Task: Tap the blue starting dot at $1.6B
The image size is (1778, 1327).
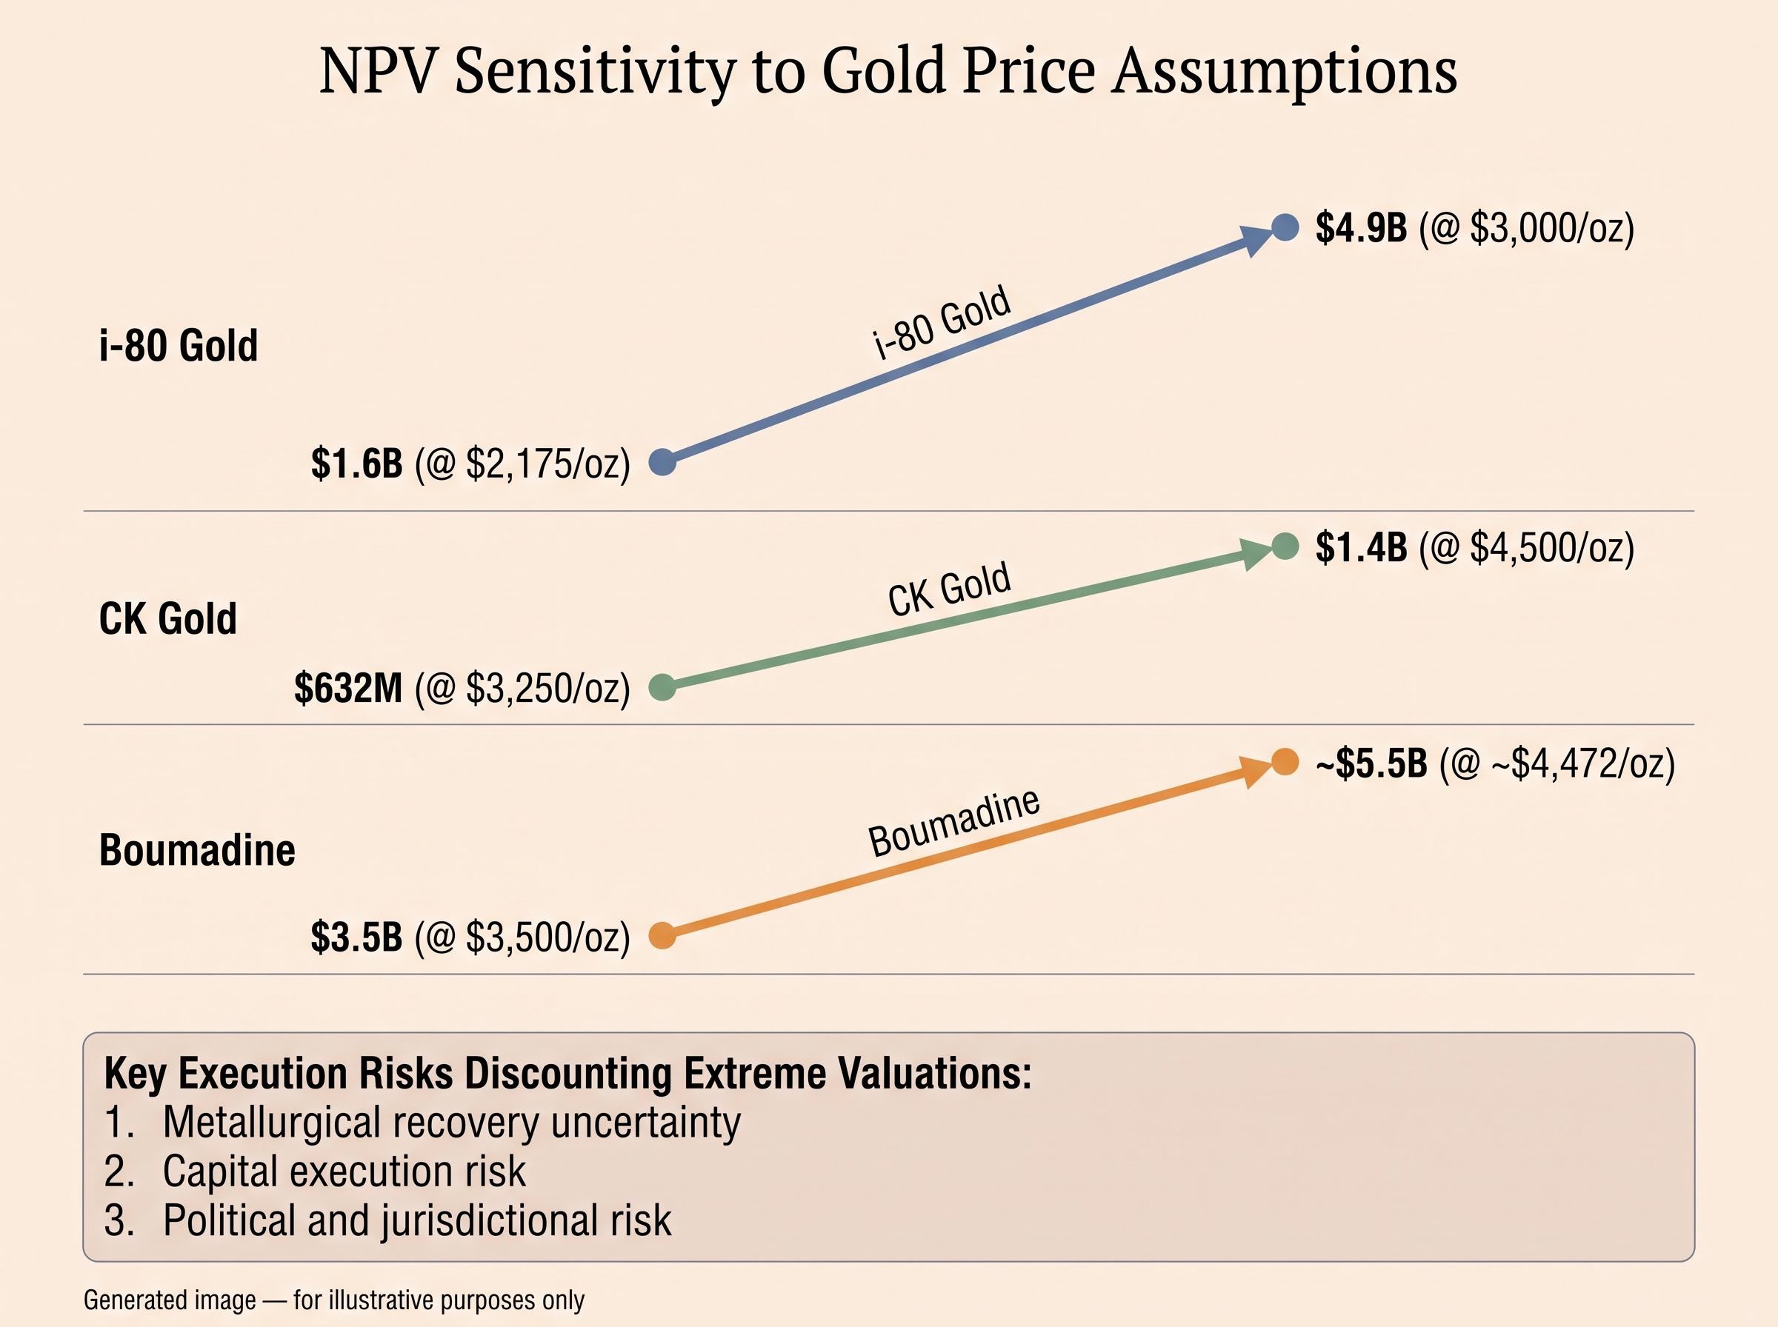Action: coord(662,462)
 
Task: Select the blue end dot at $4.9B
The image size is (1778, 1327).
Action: coord(1285,227)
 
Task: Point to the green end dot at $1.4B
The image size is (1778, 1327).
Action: coord(1285,546)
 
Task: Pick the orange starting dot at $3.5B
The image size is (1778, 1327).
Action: coord(662,936)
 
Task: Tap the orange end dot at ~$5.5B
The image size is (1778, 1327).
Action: coord(1285,761)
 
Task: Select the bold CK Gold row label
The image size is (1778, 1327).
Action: coord(168,618)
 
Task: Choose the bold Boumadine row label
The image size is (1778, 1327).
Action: coord(197,850)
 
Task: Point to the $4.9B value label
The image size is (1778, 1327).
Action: coord(1361,228)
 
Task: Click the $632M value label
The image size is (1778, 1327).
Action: coord(348,689)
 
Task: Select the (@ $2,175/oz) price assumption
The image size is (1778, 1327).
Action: coord(522,464)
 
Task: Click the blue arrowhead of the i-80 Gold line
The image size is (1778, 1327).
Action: coord(1256,238)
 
